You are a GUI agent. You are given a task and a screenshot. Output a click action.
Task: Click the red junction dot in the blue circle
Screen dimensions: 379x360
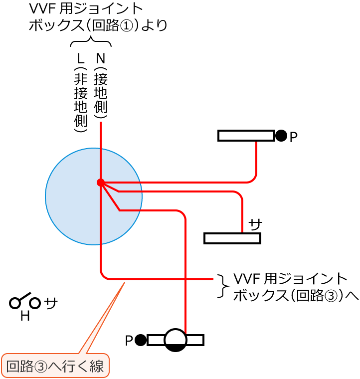100,183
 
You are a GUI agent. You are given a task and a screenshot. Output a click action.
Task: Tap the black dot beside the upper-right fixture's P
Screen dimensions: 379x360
281,135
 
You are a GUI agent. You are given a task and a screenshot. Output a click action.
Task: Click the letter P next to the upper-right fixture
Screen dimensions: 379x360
293,137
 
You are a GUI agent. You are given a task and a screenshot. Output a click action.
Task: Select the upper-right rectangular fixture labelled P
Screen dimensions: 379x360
246,136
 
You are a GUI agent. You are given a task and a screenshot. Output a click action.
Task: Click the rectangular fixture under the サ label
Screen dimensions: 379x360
232,238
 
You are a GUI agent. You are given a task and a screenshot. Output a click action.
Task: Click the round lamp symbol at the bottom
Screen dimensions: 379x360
176,340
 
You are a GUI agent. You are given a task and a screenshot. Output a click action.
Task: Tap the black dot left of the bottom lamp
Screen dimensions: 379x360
141,340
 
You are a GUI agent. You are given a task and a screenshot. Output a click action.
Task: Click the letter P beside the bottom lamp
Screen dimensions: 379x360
129,341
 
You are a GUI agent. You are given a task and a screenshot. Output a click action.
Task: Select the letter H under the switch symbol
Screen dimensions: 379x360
24,316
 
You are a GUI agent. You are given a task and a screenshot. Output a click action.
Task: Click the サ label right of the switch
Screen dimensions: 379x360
51,303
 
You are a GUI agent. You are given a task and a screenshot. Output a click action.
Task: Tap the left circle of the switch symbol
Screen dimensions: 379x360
15,303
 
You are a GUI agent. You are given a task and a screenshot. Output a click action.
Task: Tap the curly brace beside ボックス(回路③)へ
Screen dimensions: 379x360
221,286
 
